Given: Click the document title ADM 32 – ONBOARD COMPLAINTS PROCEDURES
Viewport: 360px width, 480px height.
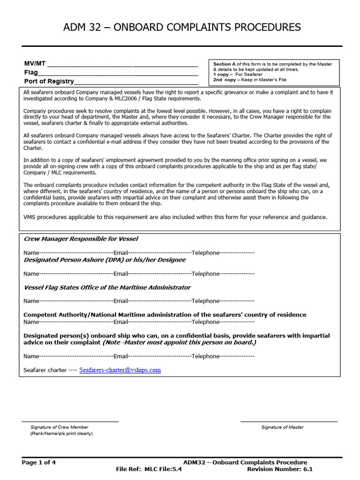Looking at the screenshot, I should click(x=182, y=28).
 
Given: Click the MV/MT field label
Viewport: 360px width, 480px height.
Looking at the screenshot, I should click(x=35, y=64).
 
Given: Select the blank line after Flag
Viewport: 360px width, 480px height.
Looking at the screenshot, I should click(x=117, y=73).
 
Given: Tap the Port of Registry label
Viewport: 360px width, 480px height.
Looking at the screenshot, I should click(x=49, y=81).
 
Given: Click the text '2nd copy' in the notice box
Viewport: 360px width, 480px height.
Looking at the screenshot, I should click(x=225, y=80).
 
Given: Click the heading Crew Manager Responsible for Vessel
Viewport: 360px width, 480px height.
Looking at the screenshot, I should click(x=81, y=239).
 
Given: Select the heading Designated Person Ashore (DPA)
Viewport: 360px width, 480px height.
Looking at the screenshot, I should click(x=105, y=260).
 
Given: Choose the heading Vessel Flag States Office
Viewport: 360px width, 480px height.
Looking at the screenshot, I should click(x=107, y=287).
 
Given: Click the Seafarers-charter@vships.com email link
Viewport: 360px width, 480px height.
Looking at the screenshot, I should click(x=120, y=370).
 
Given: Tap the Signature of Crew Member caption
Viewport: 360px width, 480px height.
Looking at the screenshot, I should click(x=59, y=427).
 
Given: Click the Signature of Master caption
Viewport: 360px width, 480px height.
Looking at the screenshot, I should click(x=282, y=427).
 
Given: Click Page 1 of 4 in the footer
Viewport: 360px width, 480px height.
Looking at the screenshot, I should click(x=39, y=462).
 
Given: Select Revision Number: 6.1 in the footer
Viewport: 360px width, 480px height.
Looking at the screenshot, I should click(x=279, y=469).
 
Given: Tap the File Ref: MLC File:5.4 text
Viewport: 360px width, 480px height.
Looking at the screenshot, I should click(x=149, y=469).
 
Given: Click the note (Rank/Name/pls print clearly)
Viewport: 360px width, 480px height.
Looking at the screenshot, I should click(x=61, y=434).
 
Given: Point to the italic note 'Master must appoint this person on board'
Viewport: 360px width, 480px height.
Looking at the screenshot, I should click(x=180, y=343).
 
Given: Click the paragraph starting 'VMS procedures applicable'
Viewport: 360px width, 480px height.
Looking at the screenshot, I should click(x=175, y=217).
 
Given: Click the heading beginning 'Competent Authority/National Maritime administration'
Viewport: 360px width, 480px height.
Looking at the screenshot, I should click(x=165, y=315).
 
